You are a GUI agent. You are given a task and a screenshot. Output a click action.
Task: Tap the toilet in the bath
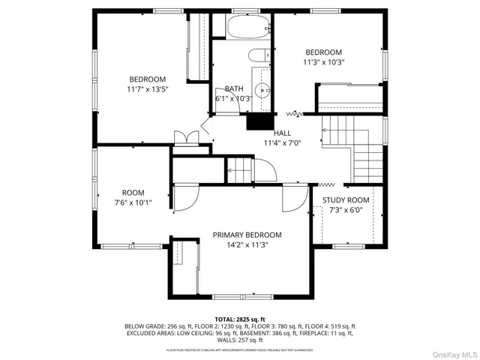pyautogui.click(x=258, y=56)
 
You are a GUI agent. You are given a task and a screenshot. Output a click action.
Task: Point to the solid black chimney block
pyautogui.click(x=258, y=121)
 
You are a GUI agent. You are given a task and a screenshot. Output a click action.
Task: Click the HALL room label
pyautogui.click(x=282, y=133)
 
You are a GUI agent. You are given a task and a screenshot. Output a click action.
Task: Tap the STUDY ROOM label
pyautogui.click(x=346, y=200)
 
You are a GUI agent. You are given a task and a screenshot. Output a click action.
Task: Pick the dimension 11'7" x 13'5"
pyautogui.click(x=147, y=89)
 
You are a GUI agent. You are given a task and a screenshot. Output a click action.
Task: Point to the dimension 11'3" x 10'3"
pyautogui.click(x=323, y=62)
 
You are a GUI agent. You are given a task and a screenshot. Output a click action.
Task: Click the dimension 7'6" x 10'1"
pyautogui.click(x=133, y=202)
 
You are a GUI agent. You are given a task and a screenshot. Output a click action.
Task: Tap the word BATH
pyautogui.click(x=234, y=88)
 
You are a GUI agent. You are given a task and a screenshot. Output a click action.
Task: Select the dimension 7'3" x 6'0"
pyautogui.click(x=346, y=210)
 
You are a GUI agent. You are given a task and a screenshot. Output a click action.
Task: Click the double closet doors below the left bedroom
pyautogui.click(x=184, y=137)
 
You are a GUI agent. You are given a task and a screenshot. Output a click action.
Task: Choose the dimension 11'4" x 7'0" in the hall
pyautogui.click(x=282, y=142)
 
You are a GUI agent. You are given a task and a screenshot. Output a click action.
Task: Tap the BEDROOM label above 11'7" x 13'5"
pyautogui.click(x=147, y=79)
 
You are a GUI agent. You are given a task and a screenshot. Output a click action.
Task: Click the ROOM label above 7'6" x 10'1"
pyautogui.click(x=133, y=193)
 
